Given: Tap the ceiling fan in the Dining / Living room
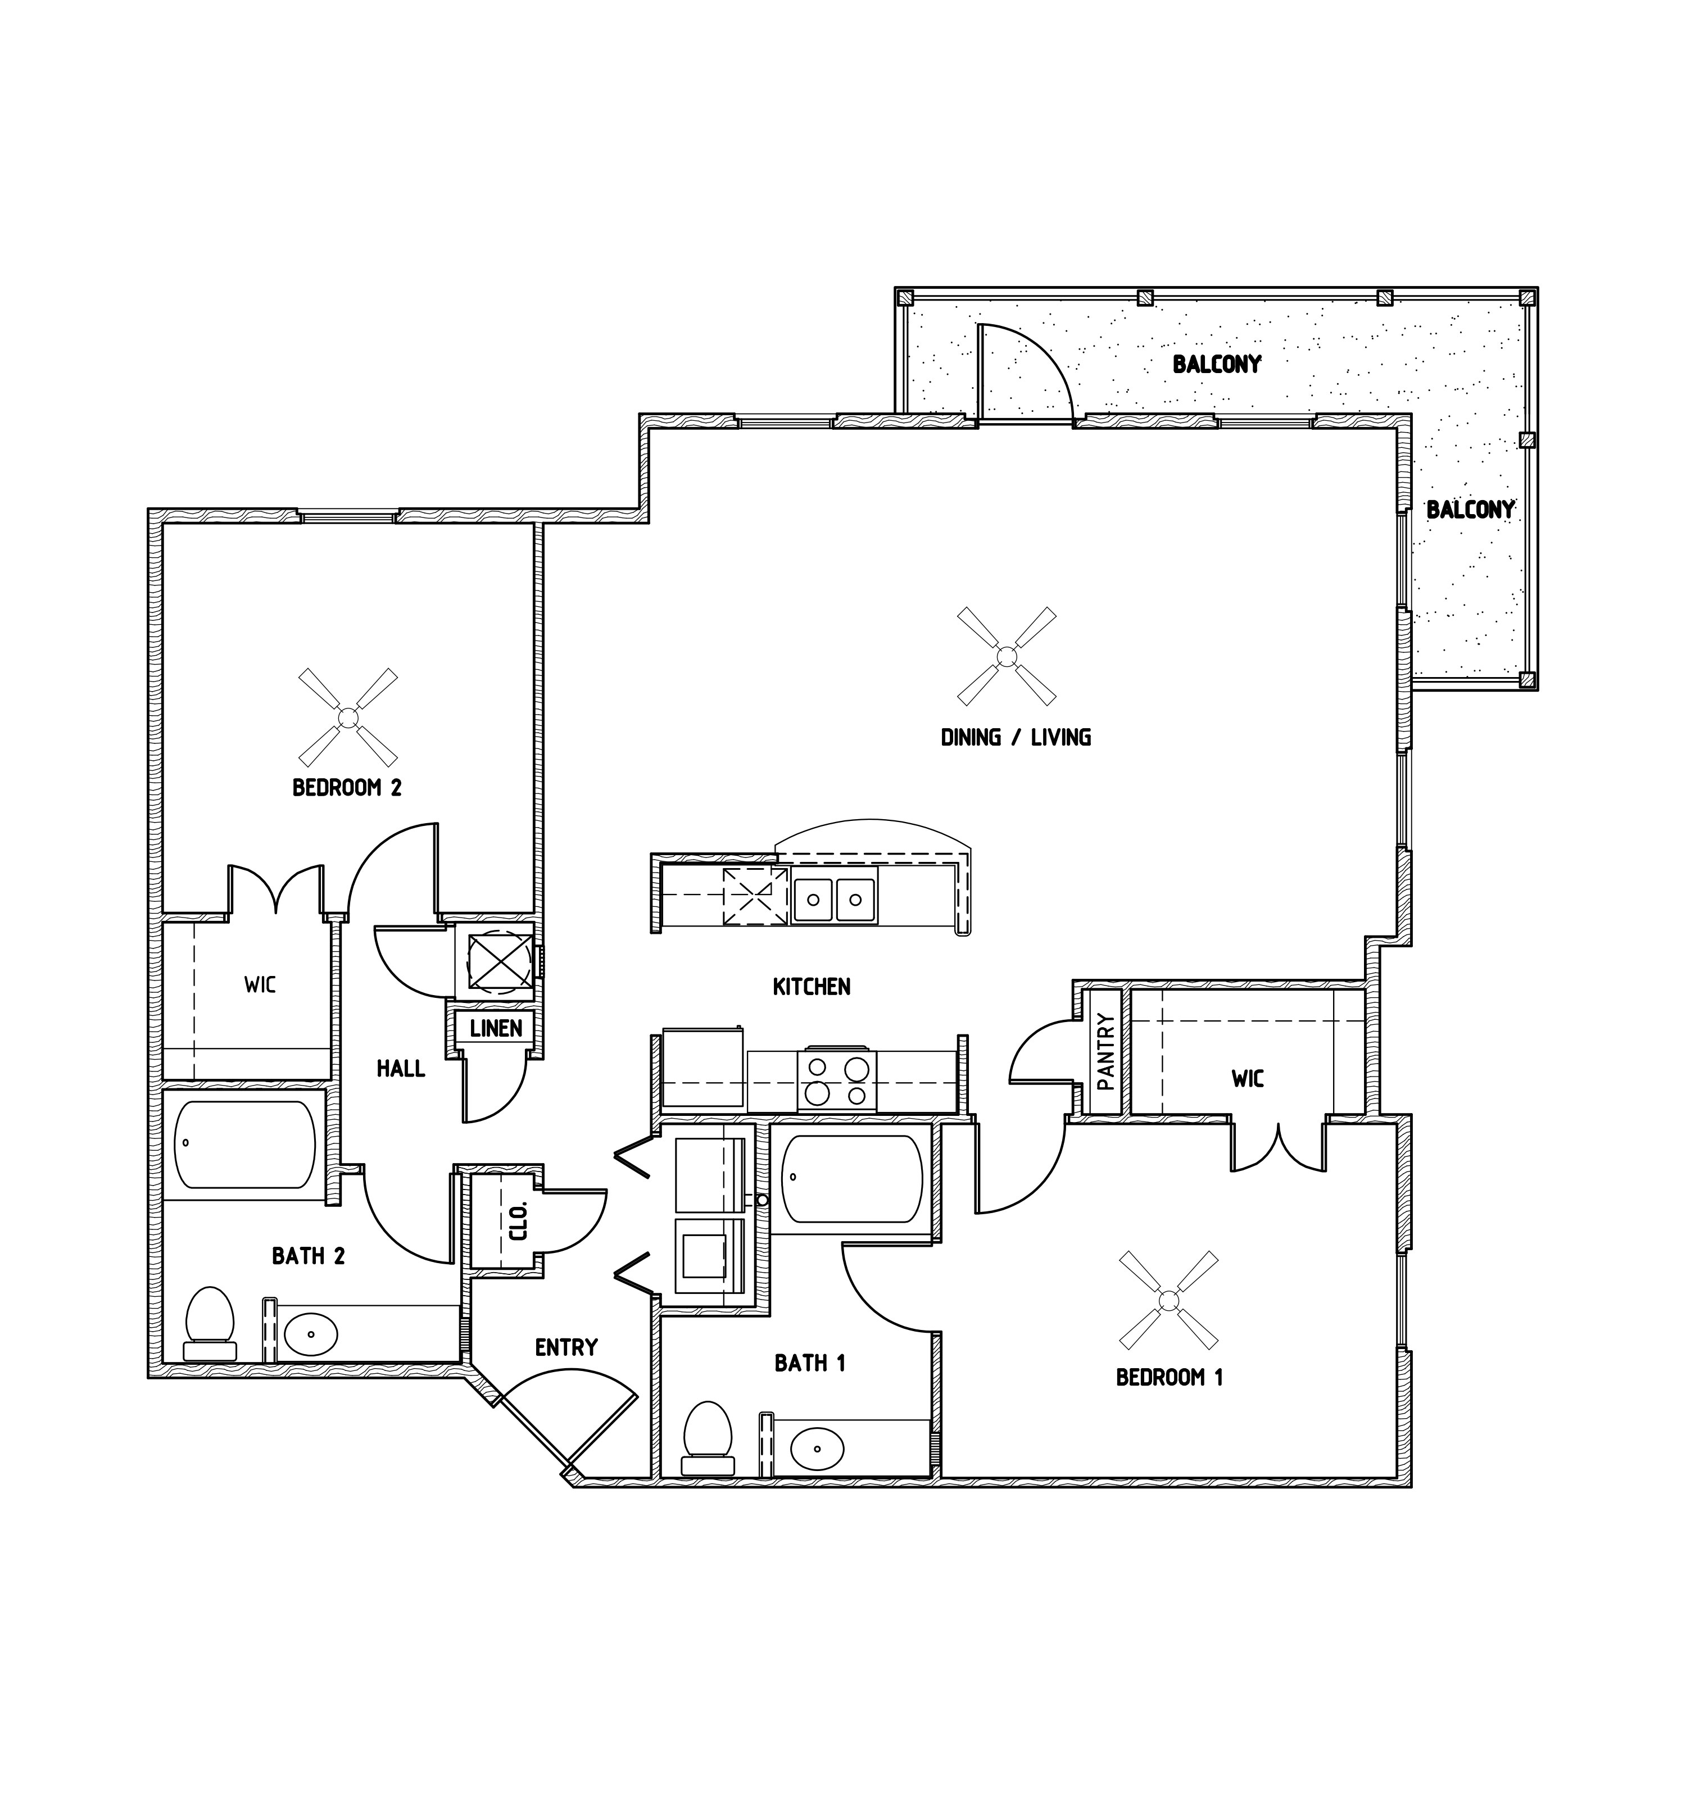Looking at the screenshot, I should (1006, 656).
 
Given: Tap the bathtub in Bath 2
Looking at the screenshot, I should (245, 1144).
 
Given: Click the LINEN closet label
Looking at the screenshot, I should (496, 1028).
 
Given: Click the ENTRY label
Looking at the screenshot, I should (566, 1347).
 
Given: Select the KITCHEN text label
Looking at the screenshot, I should (812, 987).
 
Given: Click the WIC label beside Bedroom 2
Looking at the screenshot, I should (260, 984).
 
